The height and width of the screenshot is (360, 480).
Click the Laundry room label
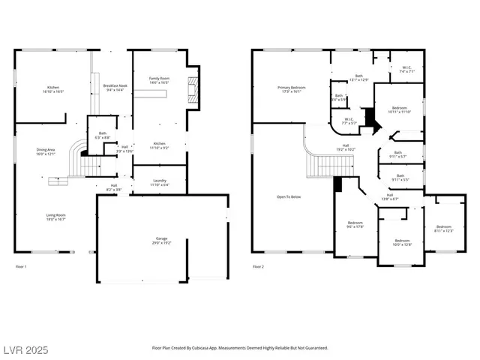(x=159, y=182)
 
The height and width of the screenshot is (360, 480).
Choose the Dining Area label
(x=46, y=152)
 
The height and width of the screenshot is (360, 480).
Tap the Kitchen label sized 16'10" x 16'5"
(x=53, y=90)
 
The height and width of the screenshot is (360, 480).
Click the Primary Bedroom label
(x=289, y=90)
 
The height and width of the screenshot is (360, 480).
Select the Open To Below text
(x=289, y=197)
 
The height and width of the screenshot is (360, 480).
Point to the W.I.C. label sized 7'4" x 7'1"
(x=406, y=70)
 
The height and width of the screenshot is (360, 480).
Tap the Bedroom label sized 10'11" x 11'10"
(x=399, y=110)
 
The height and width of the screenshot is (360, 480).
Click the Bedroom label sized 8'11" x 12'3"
(x=444, y=229)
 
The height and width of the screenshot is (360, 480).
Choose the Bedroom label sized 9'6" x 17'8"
(x=355, y=225)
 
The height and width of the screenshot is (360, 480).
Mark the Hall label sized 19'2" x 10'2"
(x=346, y=148)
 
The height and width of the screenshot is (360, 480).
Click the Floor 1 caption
(x=22, y=266)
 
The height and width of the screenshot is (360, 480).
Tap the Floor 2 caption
(x=258, y=266)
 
